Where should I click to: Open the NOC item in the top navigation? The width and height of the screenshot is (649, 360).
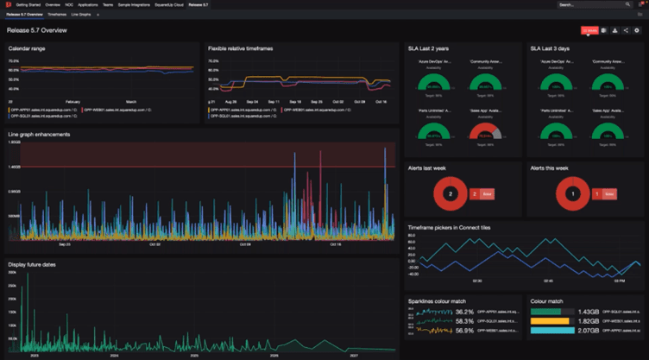pyautogui.click(x=68, y=4)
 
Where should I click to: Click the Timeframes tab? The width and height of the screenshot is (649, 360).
pyautogui.click(x=56, y=15)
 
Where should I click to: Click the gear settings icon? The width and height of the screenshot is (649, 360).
pyautogui.click(x=637, y=30)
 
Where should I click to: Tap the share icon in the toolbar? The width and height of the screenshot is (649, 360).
pyautogui.click(x=626, y=30)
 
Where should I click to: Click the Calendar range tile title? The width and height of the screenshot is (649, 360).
pyautogui.click(x=27, y=48)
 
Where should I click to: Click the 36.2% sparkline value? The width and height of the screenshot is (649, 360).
pyautogui.click(x=463, y=312)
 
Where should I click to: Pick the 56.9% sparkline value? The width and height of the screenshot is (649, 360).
pyautogui.click(x=463, y=331)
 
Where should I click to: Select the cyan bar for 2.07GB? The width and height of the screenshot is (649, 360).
pyautogui.click(x=551, y=331)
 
